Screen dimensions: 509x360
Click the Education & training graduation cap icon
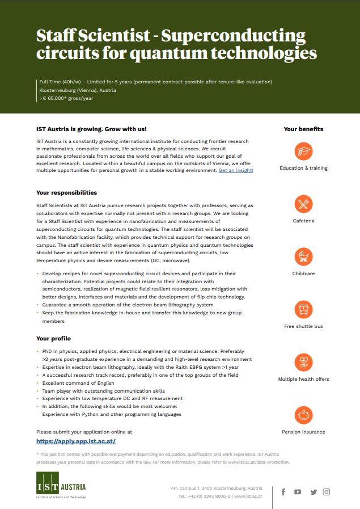[303, 152]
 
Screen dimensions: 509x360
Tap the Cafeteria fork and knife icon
[303, 204]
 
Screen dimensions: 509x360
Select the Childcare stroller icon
[303, 256]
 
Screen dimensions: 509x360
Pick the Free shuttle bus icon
[303, 309]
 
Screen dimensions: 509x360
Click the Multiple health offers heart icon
[303, 362]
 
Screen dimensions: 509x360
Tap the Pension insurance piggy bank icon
[303, 415]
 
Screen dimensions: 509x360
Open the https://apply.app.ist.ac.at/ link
[76, 441]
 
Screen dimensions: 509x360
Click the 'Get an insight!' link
[236, 170]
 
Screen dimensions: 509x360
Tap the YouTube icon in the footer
[298, 492]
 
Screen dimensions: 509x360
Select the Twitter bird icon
[314, 492]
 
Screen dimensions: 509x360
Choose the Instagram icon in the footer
[327, 492]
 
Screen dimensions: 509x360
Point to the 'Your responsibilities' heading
[66, 193]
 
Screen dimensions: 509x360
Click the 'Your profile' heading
[53, 338]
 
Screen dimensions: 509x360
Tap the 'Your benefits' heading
[303, 129]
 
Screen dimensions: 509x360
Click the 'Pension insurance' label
[303, 432]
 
